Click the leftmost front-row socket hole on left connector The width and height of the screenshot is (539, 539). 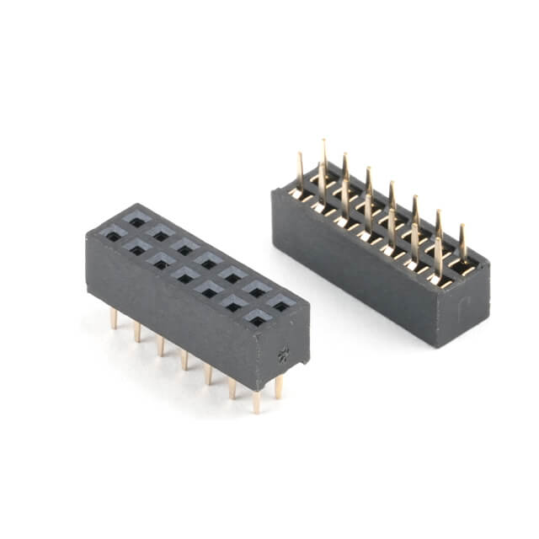[x=112, y=236]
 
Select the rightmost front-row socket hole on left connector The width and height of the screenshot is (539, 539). [x=258, y=318]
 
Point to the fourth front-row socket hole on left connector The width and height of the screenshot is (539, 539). [x=185, y=276]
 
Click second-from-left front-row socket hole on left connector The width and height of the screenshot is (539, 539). [x=136, y=249]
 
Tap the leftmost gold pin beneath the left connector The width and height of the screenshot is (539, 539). [x=114, y=318]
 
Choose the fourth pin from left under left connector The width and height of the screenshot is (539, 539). [x=184, y=359]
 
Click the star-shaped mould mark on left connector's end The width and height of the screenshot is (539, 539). [x=283, y=354]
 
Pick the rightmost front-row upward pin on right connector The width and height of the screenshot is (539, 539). [x=438, y=257]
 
